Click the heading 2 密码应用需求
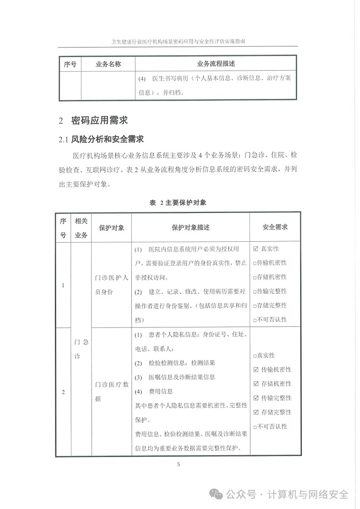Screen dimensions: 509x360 point(93,120)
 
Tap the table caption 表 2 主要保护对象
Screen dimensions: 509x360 point(178,203)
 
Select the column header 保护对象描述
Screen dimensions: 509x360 point(190,227)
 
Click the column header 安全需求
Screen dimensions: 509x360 point(275,227)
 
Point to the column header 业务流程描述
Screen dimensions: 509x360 point(216,64)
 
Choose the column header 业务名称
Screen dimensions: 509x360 point(108,64)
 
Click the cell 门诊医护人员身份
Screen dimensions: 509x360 point(112,285)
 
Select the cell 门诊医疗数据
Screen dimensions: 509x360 point(112,391)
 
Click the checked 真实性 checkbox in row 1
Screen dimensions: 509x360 point(255,249)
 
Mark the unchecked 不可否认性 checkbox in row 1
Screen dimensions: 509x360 point(255,320)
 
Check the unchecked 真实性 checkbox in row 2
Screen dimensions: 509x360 point(255,355)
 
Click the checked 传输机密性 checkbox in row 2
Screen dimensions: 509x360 point(255,369)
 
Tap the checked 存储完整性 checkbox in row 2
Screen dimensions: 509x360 point(255,412)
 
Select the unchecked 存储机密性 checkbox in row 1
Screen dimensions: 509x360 point(255,277)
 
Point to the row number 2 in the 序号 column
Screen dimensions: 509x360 point(63,391)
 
